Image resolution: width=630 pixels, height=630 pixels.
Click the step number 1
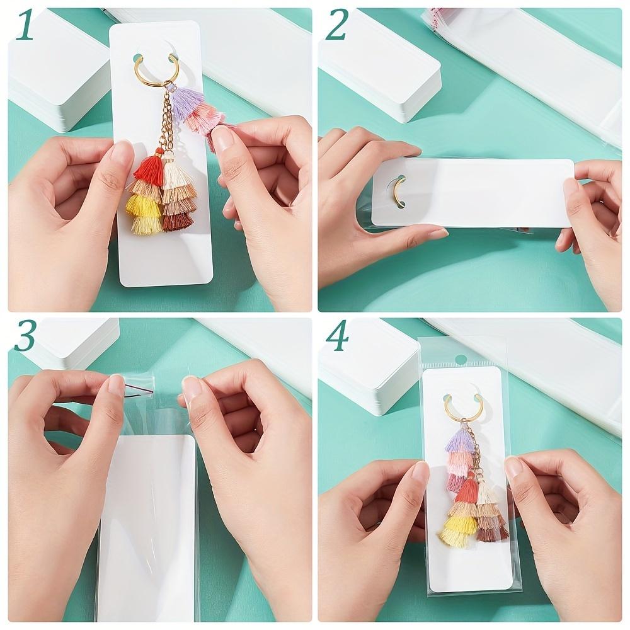point(25,26)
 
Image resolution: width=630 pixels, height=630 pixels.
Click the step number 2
point(336,25)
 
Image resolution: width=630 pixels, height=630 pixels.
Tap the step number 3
point(25,336)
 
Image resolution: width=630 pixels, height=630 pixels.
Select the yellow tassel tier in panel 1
point(142,205)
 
